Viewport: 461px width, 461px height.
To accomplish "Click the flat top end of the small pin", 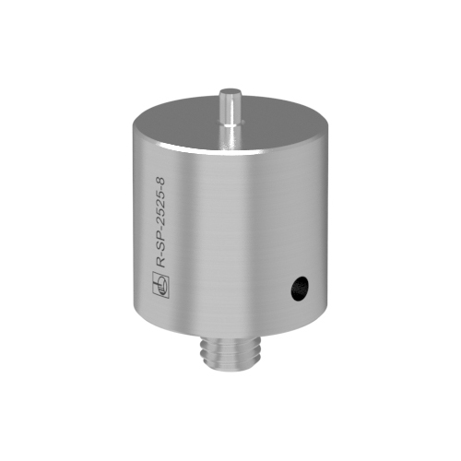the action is (x=230, y=91).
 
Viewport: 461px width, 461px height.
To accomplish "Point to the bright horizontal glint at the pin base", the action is (x=230, y=124).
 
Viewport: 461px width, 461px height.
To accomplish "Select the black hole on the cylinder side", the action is (x=300, y=288).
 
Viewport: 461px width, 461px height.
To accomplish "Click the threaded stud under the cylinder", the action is (x=230, y=350).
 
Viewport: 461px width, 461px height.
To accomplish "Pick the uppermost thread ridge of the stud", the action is (x=230, y=341).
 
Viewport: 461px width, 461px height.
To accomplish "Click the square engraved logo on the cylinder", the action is (x=161, y=285).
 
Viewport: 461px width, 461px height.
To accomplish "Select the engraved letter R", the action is (x=161, y=263).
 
